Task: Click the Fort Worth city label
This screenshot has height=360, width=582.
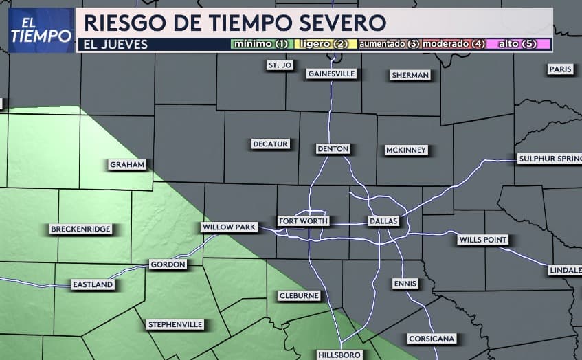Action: pyautogui.click(x=303, y=221)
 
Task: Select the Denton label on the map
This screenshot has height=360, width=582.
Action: pyautogui.click(x=333, y=148)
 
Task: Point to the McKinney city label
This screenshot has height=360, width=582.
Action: pyautogui.click(x=406, y=150)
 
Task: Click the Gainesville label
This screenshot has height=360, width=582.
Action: pyautogui.click(x=331, y=74)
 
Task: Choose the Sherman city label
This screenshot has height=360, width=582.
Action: pyautogui.click(x=410, y=75)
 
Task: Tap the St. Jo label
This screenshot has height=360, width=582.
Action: pyautogui.click(x=280, y=65)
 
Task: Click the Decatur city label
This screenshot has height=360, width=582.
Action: pyautogui.click(x=270, y=144)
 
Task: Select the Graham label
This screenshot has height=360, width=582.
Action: pyautogui.click(x=128, y=165)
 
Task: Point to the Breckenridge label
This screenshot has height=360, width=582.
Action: pyautogui.click(x=80, y=229)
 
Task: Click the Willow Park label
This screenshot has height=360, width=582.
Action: pyautogui.click(x=228, y=227)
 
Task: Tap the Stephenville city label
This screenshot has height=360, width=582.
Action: pyautogui.click(x=175, y=324)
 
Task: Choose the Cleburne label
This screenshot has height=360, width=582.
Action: pyautogui.click(x=299, y=295)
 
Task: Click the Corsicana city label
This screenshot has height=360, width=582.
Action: pyautogui.click(x=432, y=339)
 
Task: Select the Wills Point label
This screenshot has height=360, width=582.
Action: pyautogui.click(x=483, y=240)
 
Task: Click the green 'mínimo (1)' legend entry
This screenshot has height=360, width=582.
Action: pyautogui.click(x=260, y=44)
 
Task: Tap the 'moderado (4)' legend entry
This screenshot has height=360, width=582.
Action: pyautogui.click(x=454, y=44)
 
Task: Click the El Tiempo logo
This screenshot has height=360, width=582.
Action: pyautogui.click(x=41, y=30)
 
